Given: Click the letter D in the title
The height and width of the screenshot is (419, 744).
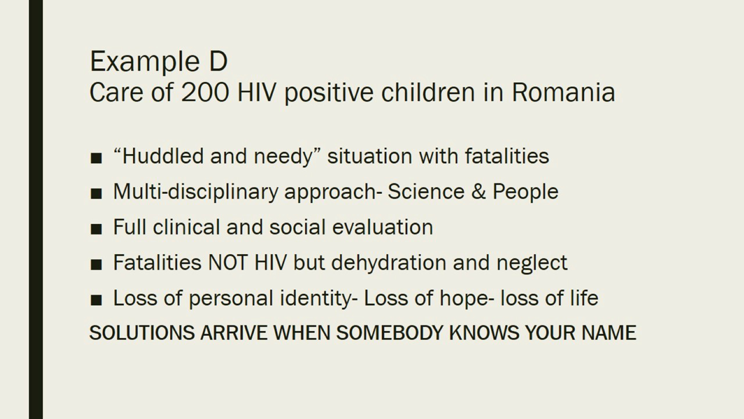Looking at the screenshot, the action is point(218,61).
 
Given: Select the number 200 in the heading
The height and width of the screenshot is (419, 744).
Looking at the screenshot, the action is point(205,92).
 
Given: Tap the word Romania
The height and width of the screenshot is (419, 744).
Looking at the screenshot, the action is point(564,92).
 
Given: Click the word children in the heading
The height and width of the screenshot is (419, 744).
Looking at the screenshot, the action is point(428,92).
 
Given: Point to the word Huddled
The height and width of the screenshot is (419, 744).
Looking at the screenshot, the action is point(163,156).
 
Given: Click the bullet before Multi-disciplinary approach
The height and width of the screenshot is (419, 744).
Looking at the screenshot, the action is point(96,194).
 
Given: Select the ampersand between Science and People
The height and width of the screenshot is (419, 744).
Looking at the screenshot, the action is point(478,192).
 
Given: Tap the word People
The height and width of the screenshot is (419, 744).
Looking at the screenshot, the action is point(525,191).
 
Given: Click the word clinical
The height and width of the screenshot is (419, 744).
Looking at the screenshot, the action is point(187,227).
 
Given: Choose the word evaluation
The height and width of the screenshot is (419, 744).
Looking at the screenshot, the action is point(382,227).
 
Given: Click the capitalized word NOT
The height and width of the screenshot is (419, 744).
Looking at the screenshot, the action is point(228,262).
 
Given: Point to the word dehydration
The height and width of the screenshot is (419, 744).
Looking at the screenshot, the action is point(389,262).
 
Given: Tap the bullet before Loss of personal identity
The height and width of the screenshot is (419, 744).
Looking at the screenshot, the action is point(96,300).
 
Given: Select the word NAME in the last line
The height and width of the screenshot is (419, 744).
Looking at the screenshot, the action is point(609,332).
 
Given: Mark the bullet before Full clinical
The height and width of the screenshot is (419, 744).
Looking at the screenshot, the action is point(96,229).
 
